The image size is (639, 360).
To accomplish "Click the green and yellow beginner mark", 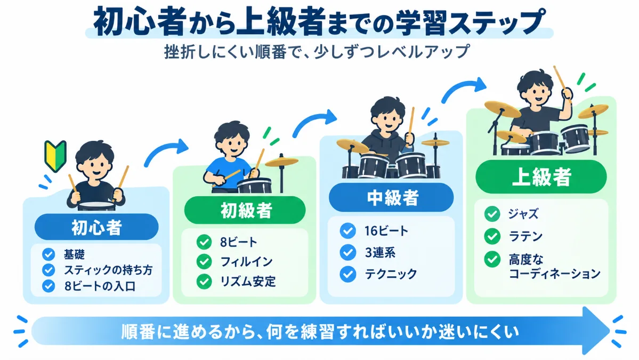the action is coord(55,156).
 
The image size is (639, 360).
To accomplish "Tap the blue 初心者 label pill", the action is coord(96,227).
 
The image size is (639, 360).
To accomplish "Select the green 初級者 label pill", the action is coord(245,210).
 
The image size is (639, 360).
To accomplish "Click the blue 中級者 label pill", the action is coord(391,197).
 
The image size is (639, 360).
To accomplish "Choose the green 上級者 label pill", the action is coord(541,177).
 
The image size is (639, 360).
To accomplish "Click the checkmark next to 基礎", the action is coord(48,254).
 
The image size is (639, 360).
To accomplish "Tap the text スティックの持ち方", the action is coord(108,270).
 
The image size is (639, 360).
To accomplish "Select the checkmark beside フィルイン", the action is coord(204,261).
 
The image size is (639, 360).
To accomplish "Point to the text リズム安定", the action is coord(248,281).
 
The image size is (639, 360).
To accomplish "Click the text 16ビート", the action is coord(386,231).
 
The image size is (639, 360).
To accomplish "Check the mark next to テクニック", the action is coord(347,274).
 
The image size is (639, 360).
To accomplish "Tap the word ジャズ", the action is coord(523,214).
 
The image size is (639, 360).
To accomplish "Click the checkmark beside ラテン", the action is coord(492,236).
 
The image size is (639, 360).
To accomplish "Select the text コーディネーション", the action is coord(555,273).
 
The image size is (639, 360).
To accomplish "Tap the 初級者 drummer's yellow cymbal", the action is coord(281,162).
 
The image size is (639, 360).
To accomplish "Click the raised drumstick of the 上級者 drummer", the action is coord(561,79).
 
